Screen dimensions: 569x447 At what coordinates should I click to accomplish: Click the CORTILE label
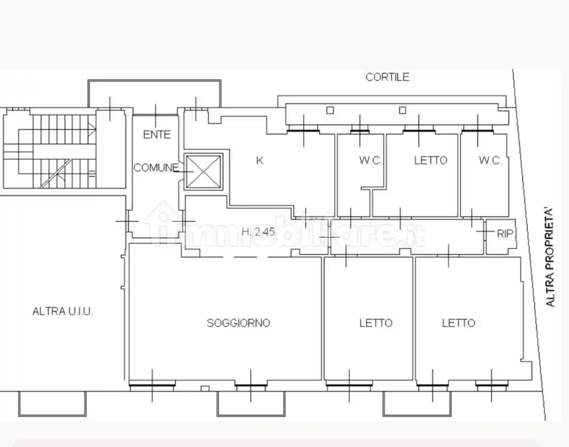pos(387,77)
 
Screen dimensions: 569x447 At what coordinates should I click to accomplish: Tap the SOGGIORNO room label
pos(238,323)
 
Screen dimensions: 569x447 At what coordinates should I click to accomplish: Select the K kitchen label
pos(260,160)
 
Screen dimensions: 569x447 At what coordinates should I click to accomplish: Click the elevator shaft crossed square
pos(203,172)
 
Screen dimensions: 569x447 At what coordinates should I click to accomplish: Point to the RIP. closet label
pos(505,234)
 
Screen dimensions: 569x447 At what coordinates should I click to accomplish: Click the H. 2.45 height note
pos(258,232)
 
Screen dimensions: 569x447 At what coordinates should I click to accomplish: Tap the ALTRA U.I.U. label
pos(63,311)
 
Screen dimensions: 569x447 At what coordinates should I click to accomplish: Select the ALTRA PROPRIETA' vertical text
pos(550,258)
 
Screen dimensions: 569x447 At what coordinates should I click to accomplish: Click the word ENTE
pos(157,134)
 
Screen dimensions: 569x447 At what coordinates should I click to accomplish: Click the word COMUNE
pos(156,168)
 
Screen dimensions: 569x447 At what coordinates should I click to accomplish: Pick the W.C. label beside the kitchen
pos(371,160)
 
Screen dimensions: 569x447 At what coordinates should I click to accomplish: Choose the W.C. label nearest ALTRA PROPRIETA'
pos(490,160)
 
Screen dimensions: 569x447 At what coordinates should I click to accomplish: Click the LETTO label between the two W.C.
pos(431,160)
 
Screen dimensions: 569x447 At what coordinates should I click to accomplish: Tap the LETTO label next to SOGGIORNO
pos(376,323)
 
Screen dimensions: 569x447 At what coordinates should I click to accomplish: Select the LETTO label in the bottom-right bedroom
pos(458,323)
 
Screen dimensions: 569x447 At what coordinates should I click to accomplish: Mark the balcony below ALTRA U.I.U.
pos(52,404)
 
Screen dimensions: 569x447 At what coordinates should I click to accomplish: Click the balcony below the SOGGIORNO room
pos(251,404)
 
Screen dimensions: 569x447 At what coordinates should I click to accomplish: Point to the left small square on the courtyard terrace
pos(330,110)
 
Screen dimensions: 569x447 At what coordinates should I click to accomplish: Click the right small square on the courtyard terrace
pos(402,110)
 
